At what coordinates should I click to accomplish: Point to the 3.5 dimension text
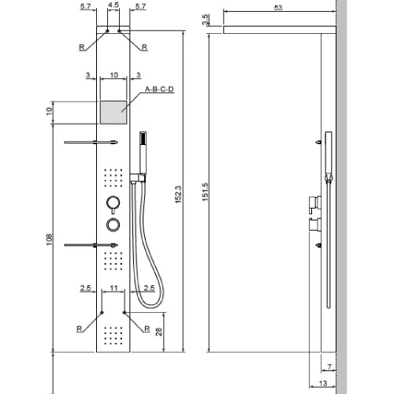click(206, 20)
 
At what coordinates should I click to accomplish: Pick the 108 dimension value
click(48, 239)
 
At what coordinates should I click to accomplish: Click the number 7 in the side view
click(329, 366)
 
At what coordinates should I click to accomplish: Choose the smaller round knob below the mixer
click(113, 225)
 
